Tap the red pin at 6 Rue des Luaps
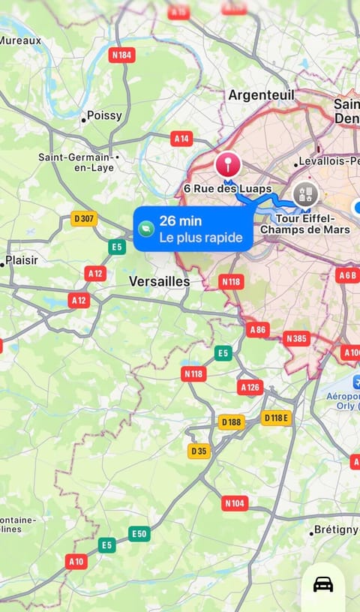pos(227,163)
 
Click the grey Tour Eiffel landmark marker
pos(305,195)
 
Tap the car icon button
pos(323,584)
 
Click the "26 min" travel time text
pos(178,221)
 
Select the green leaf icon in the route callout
pos(146,229)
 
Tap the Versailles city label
pos(159,281)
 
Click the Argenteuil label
pos(261,95)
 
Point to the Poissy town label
pos(103,116)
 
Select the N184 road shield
pos(121,55)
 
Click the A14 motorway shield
pos(181,138)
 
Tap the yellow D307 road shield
pos(84,219)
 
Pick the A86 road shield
pos(257,329)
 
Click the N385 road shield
pos(296,339)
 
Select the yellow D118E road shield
pos(276,418)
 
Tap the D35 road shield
pos(199,451)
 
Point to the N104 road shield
pos(235,503)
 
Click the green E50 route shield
pos(139,533)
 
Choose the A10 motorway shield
pos(76,561)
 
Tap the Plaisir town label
pos(21,262)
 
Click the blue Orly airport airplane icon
pos(355,382)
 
